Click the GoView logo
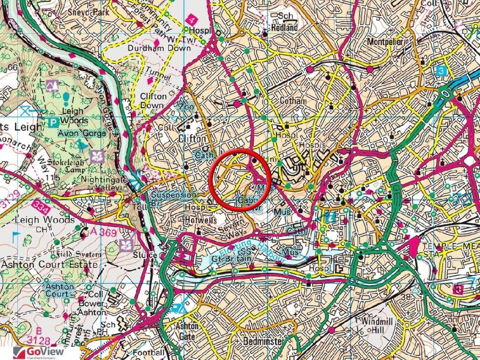[40, 352]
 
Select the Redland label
[284, 27]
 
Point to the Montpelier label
[385, 42]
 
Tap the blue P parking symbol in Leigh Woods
[53, 123]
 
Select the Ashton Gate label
[187, 331]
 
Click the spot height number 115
[53, 178]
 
